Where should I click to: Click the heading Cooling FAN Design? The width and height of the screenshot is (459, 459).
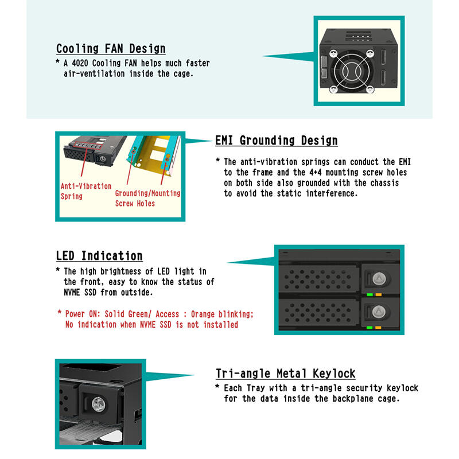111,49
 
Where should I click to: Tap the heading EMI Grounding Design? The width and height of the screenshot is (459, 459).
276,141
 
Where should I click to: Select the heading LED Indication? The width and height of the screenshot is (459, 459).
99,256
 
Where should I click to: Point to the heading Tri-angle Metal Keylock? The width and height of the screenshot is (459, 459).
285,374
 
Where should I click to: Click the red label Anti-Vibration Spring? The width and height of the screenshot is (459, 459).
85,191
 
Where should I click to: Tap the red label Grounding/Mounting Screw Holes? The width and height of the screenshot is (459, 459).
147,198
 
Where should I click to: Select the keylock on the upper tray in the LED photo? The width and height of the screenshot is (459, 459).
378,278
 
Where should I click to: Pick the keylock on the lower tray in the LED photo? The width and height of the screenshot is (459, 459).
378,312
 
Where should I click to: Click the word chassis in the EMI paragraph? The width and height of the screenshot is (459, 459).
384,182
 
